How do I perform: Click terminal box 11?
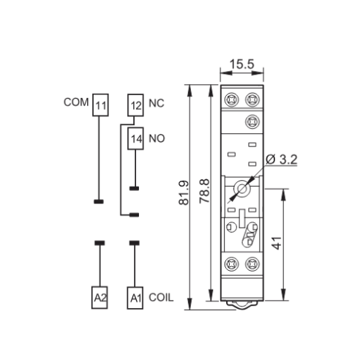click(100, 105)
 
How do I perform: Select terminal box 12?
click(135, 105)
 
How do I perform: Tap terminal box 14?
click(135, 138)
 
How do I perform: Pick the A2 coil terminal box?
click(100, 298)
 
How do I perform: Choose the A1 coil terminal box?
click(135, 298)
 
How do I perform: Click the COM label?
click(76, 102)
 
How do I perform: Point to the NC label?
click(157, 103)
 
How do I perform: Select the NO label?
click(157, 138)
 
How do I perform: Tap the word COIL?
click(161, 298)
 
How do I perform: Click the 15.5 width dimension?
click(242, 64)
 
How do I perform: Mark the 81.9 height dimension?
click(184, 192)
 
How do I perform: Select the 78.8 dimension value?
click(204, 191)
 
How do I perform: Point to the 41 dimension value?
click(277, 243)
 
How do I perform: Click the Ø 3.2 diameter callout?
click(282, 160)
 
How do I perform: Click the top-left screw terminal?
click(231, 100)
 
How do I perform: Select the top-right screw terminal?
click(252, 100)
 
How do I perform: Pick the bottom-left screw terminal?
click(231, 264)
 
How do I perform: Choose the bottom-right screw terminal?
click(252, 264)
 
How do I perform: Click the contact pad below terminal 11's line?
click(99, 202)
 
